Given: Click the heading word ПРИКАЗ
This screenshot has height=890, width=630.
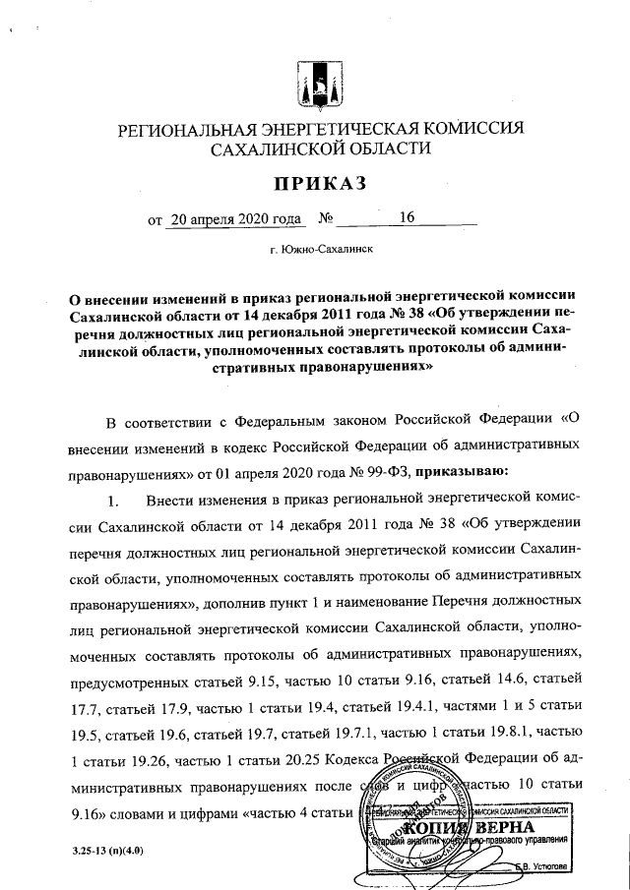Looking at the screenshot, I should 320,183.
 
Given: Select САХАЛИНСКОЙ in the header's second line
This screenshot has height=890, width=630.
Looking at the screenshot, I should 274,148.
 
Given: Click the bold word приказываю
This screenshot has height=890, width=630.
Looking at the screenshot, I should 463,471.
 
